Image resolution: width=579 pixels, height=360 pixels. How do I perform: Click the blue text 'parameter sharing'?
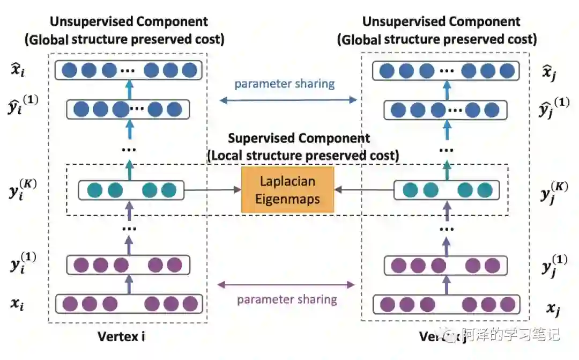285,84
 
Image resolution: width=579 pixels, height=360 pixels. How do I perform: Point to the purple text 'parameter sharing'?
287,299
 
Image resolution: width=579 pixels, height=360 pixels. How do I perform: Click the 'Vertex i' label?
122,336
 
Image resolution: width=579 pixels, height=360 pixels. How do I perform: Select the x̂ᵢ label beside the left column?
18,69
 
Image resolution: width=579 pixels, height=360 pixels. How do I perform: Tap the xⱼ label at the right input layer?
553,308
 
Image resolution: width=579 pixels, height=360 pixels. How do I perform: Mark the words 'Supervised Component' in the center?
299,138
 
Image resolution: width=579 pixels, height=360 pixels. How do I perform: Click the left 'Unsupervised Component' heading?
129,22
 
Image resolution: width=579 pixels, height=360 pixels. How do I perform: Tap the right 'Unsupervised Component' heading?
441,22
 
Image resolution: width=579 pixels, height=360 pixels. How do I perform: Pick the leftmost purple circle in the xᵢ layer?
69,304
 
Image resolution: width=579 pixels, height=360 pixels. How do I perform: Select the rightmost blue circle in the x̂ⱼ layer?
507,70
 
